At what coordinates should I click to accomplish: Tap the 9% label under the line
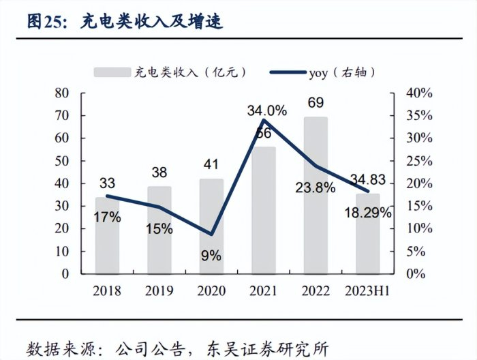[x=211, y=256]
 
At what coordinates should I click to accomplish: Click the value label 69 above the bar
[x=316, y=104]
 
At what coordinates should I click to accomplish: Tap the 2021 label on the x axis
[x=263, y=291]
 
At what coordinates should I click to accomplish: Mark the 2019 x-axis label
[x=159, y=291]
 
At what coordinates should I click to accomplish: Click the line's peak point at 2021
[x=263, y=120]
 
